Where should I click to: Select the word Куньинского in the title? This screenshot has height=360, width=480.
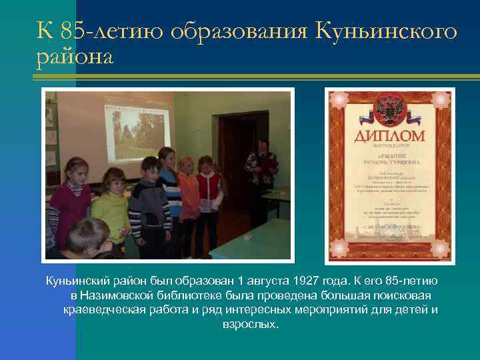(x=386, y=31)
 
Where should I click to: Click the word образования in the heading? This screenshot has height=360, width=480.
(x=239, y=31)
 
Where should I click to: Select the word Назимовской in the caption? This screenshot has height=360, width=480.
(x=116, y=295)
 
